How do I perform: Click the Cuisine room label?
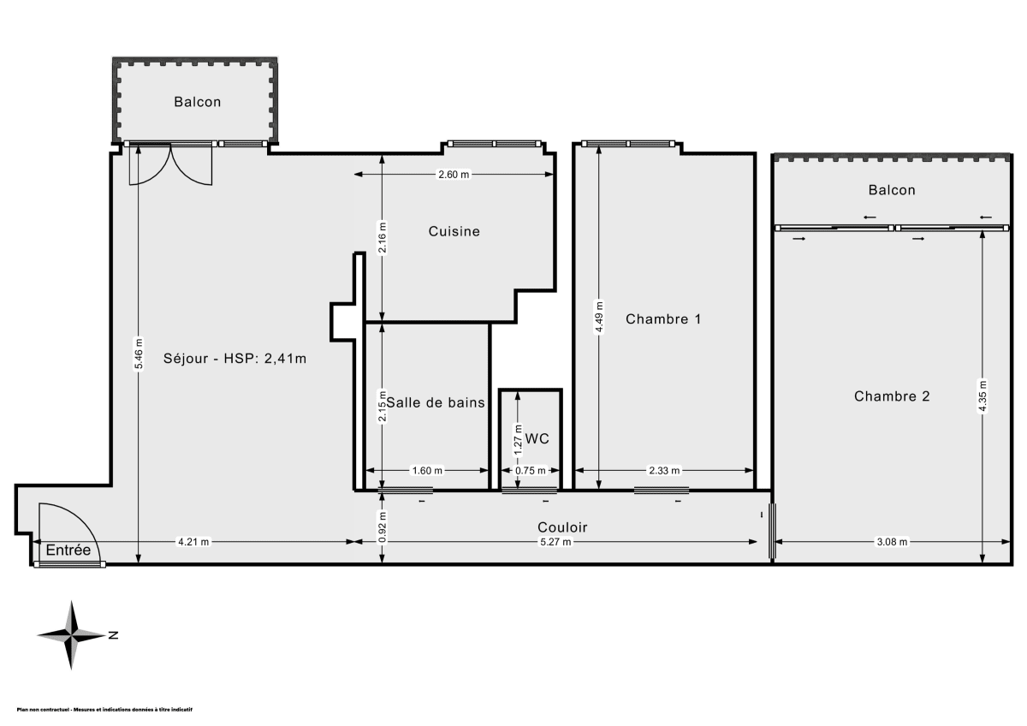pos(454,231)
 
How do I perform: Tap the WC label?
pos(537,438)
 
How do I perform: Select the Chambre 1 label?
pos(663,319)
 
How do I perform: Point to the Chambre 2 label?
pos(892,396)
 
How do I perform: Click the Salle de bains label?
pos(436,402)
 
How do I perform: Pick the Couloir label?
pos(562,527)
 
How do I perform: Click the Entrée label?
pos(68,550)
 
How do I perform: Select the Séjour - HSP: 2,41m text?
pos(234,359)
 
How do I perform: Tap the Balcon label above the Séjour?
pos(197,102)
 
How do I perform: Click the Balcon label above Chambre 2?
pos(891,190)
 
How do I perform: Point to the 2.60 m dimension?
pos(454,175)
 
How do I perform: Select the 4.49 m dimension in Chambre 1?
pos(599,316)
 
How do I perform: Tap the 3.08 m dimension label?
pos(891,542)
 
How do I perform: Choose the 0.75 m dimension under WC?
pos(529,471)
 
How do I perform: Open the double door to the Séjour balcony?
pos(171,164)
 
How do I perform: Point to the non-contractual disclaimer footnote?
pos(104,710)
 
